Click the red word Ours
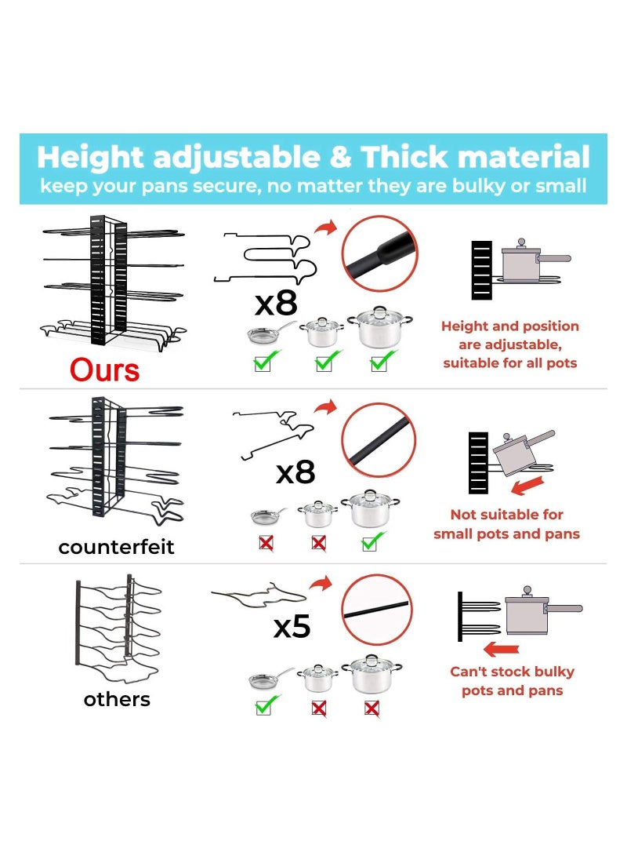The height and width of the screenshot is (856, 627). [x=105, y=369]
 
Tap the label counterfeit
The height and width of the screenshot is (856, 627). [x=116, y=547]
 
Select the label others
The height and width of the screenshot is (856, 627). [x=117, y=698]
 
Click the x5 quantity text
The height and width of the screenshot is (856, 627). [x=292, y=626]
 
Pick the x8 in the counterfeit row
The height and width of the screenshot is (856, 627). [x=295, y=472]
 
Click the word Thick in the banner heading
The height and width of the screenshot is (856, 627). [x=404, y=157]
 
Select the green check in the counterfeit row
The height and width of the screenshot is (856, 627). [x=374, y=541]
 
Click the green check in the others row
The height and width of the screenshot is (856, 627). [x=266, y=706]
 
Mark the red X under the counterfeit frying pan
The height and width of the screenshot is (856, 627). [x=266, y=541]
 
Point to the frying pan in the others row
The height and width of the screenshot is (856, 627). [x=269, y=679]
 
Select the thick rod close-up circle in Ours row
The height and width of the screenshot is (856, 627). [x=379, y=253]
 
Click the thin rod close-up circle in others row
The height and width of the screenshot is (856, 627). [x=376, y=609]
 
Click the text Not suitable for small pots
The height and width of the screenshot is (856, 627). [x=506, y=524]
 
